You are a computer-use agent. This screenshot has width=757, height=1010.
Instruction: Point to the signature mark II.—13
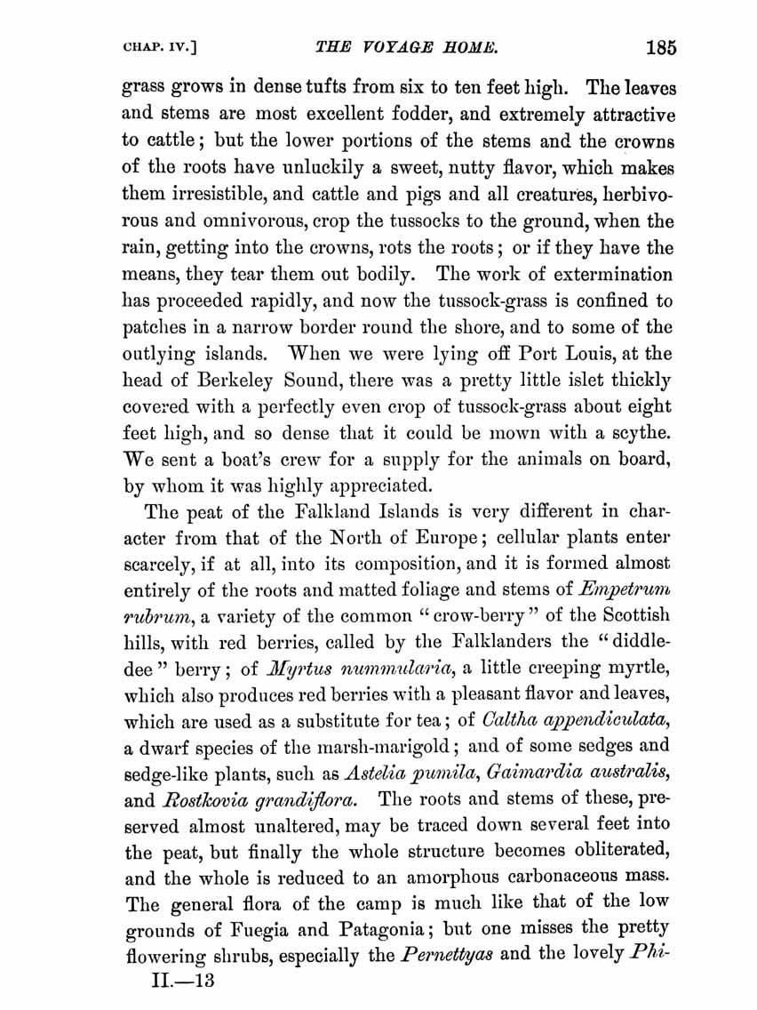[x=183, y=982]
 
